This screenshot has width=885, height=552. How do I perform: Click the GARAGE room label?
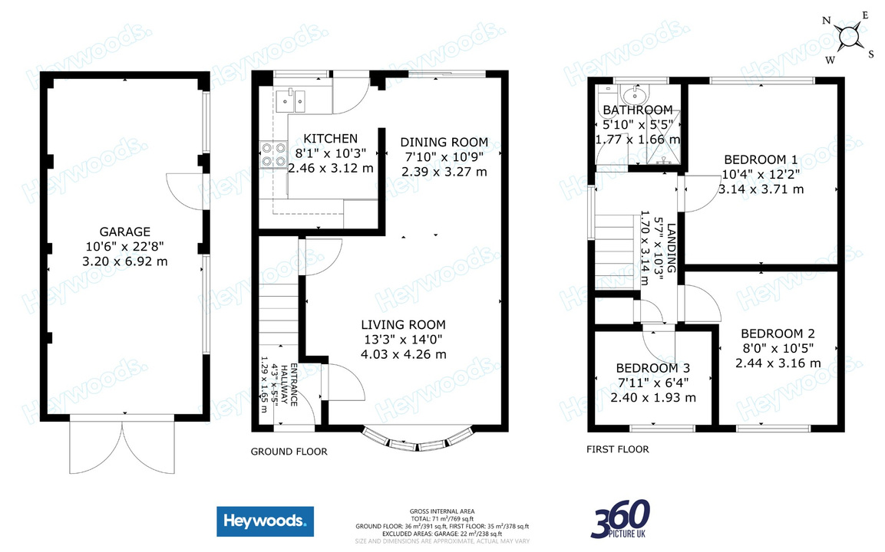click(x=124, y=232)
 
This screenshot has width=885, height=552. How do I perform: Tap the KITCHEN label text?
click(x=330, y=139)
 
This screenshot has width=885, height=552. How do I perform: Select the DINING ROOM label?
click(x=444, y=142)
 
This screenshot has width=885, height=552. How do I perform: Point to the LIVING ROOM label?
click(x=405, y=324)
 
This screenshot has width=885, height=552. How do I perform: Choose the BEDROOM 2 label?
click(x=778, y=333)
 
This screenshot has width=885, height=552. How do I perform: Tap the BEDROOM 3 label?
click(x=652, y=368)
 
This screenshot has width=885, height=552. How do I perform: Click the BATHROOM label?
click(x=637, y=110)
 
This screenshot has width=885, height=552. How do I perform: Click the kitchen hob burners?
click(x=272, y=154)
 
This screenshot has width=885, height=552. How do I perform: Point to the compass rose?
click(x=849, y=36)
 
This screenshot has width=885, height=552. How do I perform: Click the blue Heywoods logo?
click(x=264, y=521)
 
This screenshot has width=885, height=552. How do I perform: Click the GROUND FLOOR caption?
click(x=289, y=452)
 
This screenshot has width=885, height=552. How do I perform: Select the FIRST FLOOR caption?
click(x=618, y=449)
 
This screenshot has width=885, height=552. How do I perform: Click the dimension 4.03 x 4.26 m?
click(x=405, y=354)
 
